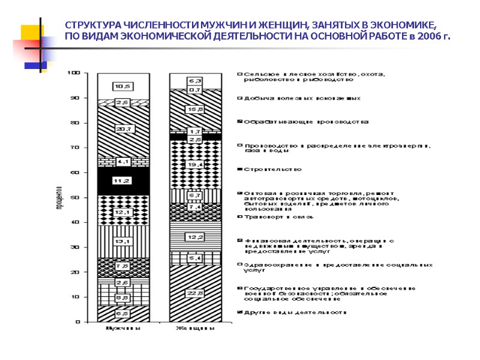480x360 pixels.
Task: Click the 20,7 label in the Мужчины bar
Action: pyautogui.click(x=123, y=128)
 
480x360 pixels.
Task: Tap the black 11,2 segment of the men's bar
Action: pyautogui.click(x=123, y=180)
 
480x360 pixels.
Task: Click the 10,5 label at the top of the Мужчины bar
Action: pyautogui.click(x=123, y=85)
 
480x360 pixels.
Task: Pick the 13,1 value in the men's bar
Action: pyautogui.click(x=123, y=242)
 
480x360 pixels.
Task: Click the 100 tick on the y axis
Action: pyautogui.click(x=76, y=73)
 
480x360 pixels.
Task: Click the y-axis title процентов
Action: pyautogui.click(x=61, y=198)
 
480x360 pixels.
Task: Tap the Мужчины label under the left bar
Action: pyautogui.click(x=123, y=329)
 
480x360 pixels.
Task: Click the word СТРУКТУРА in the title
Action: pyautogui.click(x=93, y=25)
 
